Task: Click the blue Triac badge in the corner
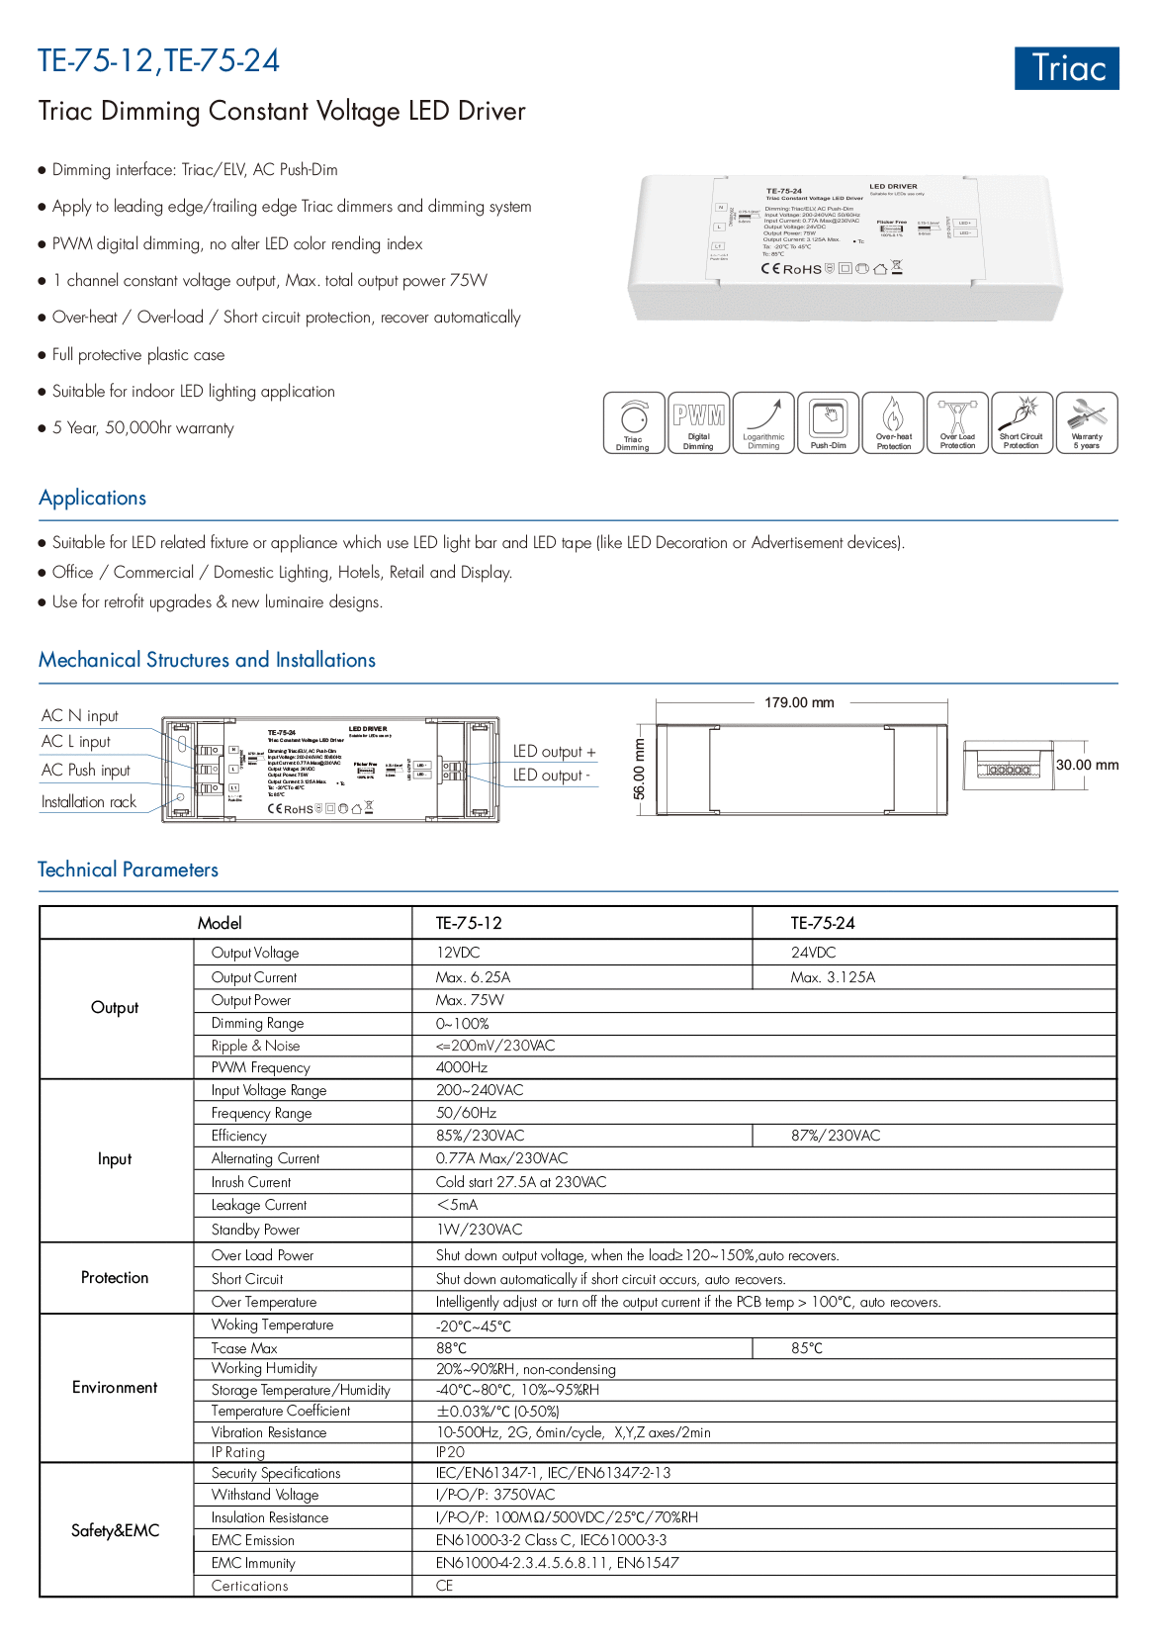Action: (x=1066, y=68)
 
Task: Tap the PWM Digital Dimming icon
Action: (x=698, y=422)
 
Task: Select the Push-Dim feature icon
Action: (x=829, y=422)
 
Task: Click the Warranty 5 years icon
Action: (x=1087, y=422)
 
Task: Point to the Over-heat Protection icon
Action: (x=893, y=422)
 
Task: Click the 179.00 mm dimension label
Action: (x=799, y=703)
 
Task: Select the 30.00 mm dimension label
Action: (x=1087, y=765)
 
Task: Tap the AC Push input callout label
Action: (x=86, y=771)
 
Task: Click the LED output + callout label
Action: (x=554, y=752)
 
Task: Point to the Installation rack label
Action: (x=89, y=802)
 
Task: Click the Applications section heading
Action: (x=93, y=498)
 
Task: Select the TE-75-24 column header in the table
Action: (x=823, y=923)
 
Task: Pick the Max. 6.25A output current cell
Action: (x=474, y=977)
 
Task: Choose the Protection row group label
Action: (x=115, y=1278)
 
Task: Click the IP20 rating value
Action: (x=450, y=1452)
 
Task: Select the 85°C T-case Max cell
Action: (x=807, y=1348)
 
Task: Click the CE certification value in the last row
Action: (x=445, y=1586)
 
